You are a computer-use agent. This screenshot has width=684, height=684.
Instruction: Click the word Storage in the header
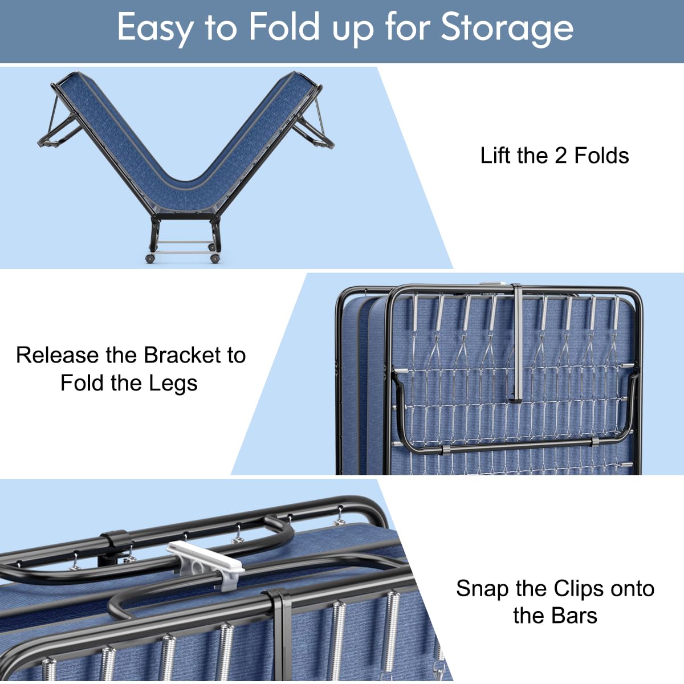pos(507,28)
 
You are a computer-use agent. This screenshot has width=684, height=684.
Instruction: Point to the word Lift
pos(498,156)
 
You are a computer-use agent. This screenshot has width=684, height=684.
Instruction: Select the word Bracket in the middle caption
pos(181,355)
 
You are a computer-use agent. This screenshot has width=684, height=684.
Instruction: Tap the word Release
pos(58,355)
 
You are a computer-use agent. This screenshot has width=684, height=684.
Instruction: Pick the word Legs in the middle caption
pos(173,384)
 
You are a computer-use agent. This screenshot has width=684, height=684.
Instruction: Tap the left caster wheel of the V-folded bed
pos(150,258)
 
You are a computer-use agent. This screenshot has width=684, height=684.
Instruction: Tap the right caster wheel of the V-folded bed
pos(215,258)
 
